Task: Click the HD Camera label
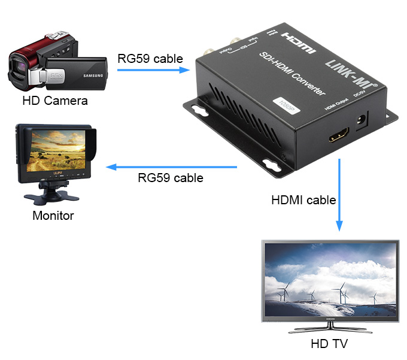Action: (54, 101)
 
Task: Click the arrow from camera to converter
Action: (153, 70)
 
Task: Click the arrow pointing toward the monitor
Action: (174, 167)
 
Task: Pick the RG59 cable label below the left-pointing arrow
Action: (170, 178)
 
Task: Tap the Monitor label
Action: (53, 216)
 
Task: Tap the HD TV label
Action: (329, 344)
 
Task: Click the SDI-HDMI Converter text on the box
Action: (290, 75)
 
